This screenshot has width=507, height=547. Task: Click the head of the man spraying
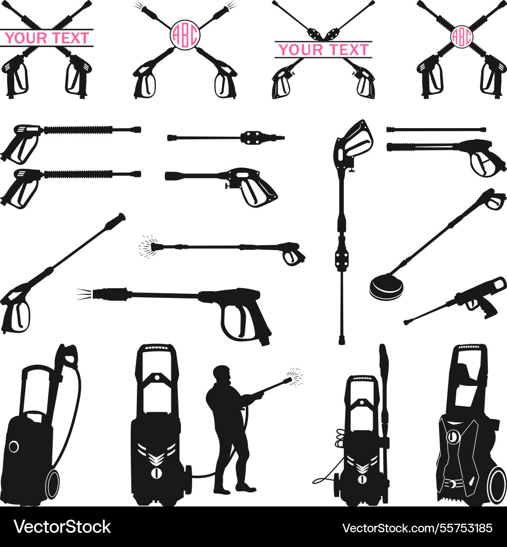(222, 375)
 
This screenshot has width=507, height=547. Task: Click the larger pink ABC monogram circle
(185, 34)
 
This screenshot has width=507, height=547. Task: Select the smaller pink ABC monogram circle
(461, 36)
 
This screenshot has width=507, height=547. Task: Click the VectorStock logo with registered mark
(62, 527)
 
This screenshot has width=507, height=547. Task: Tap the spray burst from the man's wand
(294, 377)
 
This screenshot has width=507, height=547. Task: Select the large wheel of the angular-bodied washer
(496, 485)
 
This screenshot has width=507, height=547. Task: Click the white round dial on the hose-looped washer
(14, 446)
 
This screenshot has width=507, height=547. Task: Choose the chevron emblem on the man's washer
(156, 457)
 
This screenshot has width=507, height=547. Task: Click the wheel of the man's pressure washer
(188, 479)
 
